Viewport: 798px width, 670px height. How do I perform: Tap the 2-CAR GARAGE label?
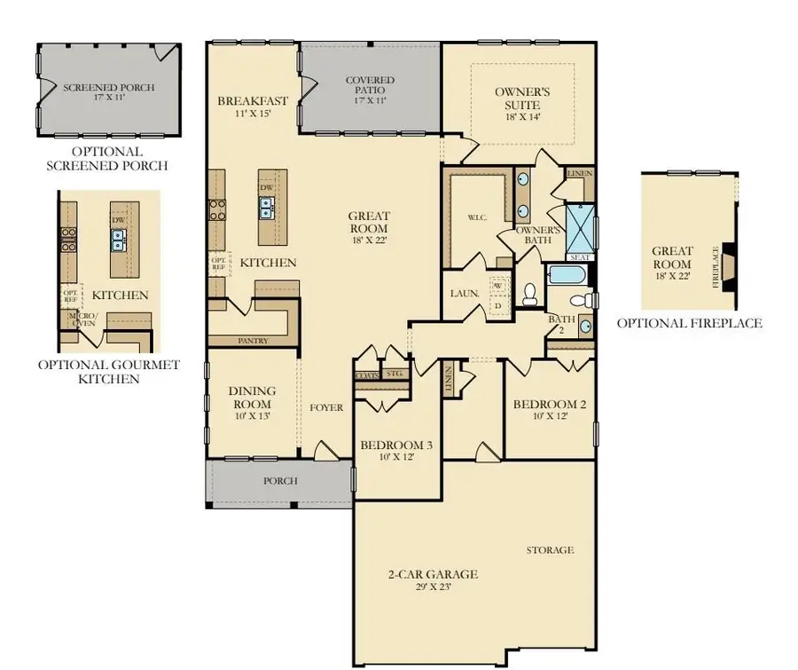coord(434,574)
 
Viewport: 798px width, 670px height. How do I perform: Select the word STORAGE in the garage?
coord(550,550)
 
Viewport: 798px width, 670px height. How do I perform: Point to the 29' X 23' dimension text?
coord(434,587)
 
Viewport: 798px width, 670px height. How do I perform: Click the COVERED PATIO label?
coord(370,86)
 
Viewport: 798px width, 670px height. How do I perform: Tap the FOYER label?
coord(325,408)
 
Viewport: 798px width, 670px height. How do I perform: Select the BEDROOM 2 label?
coord(550,406)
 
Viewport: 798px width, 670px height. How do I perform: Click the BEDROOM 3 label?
coord(396,445)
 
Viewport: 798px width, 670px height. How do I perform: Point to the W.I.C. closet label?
coord(466,217)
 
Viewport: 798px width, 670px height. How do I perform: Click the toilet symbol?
coord(531,295)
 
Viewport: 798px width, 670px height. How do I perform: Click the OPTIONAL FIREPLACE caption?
coord(689,323)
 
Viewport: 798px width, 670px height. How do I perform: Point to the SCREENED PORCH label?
coord(108,88)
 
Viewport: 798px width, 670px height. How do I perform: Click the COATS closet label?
coord(366,374)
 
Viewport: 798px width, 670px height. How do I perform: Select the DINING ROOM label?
coord(252,397)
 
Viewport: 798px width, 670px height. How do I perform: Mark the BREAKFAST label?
coord(252,101)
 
